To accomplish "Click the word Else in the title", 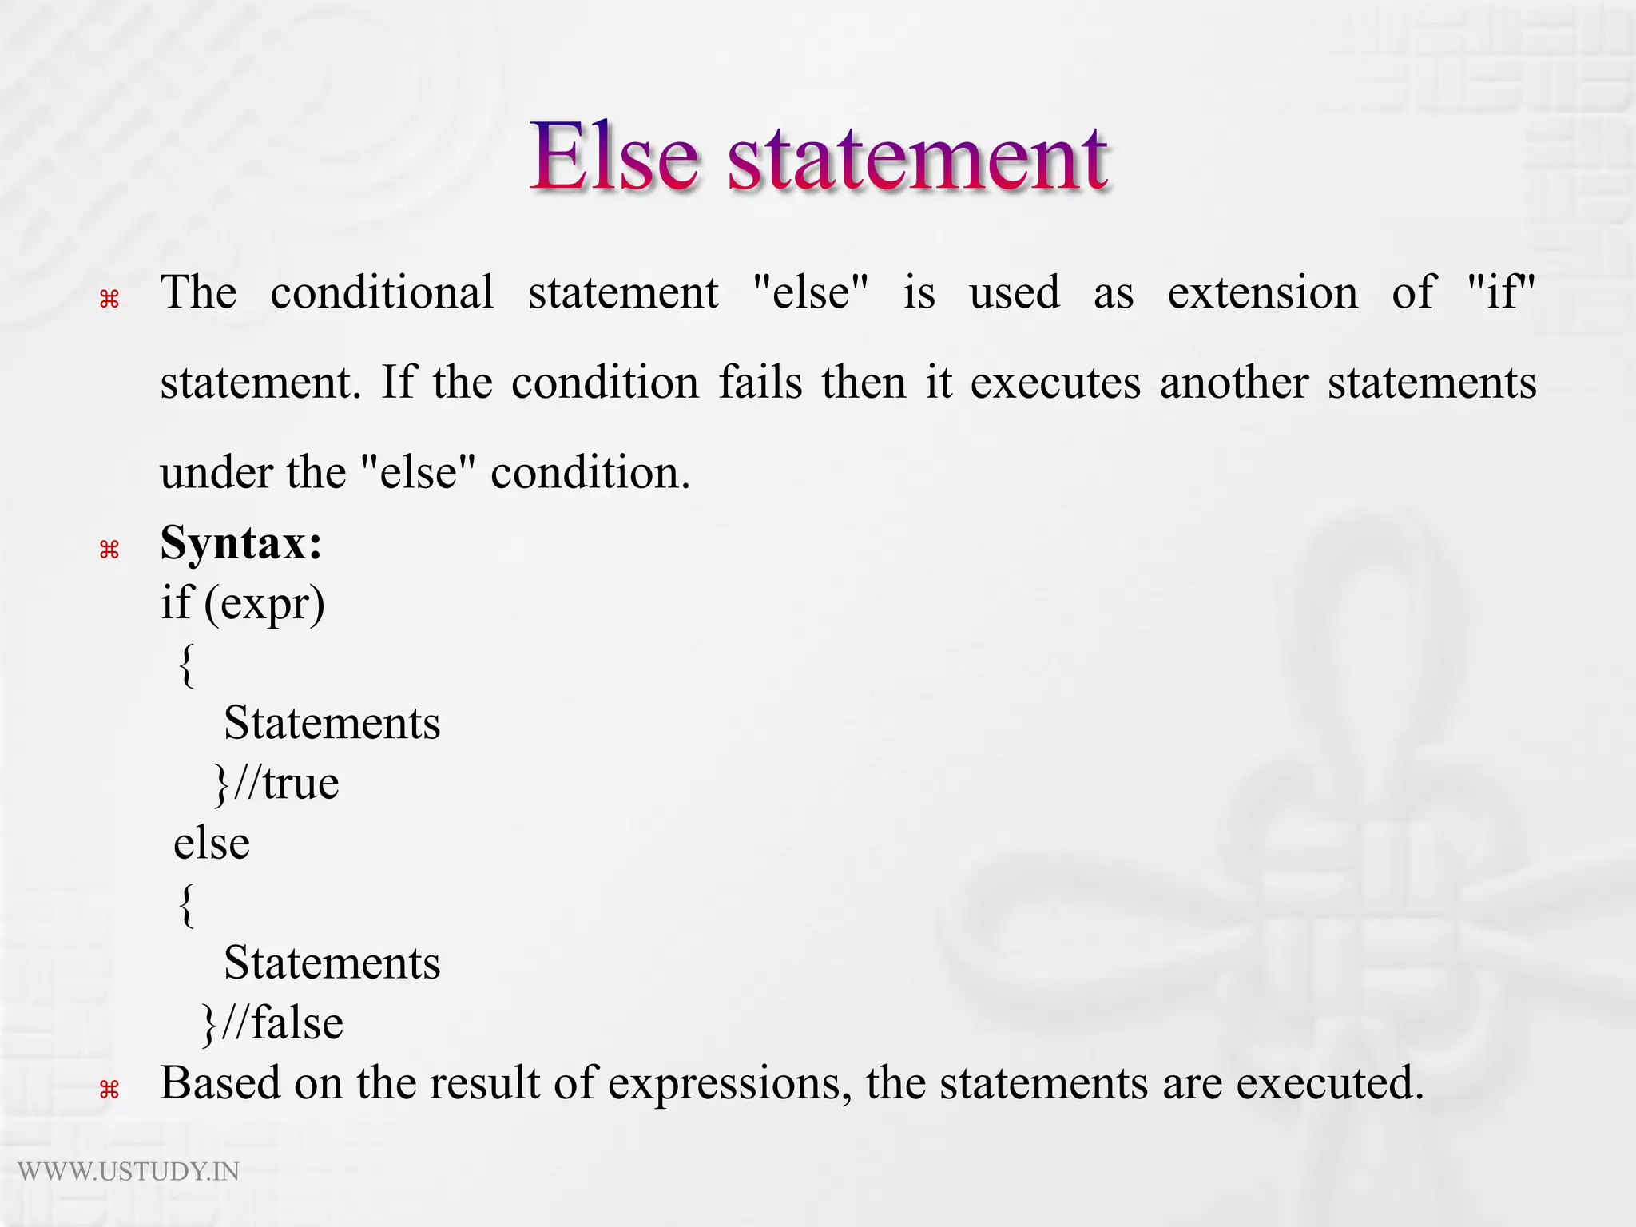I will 613,157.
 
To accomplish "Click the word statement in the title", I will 917,160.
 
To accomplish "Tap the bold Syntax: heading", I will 241,544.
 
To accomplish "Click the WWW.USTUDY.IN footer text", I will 129,1172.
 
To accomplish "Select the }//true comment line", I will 276,784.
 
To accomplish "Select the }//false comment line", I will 272,1023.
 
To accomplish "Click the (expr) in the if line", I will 264,603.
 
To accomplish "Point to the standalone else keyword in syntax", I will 212,844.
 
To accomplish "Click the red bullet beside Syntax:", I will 109,550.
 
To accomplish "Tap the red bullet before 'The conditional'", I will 109,300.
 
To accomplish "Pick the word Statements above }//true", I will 332,724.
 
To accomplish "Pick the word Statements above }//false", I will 332,963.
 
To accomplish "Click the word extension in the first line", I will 1262,293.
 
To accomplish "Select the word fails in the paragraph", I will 760,383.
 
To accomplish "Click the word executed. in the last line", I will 1330,1084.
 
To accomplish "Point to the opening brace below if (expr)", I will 187,665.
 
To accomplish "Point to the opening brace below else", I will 187,905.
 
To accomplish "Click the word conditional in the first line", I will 382,292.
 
